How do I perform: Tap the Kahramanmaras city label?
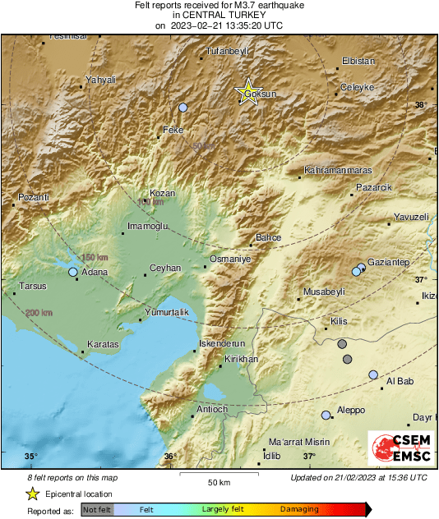337,170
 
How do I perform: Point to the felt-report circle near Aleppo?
326,416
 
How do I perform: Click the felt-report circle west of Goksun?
183,108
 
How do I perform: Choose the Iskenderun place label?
223,343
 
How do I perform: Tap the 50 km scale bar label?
218,481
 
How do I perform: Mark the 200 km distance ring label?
38,313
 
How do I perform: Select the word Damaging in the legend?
299,509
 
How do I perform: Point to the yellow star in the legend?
32,494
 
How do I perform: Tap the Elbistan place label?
357,62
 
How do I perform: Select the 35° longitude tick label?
30,457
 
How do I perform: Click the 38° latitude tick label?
421,105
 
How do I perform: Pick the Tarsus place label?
33,287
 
